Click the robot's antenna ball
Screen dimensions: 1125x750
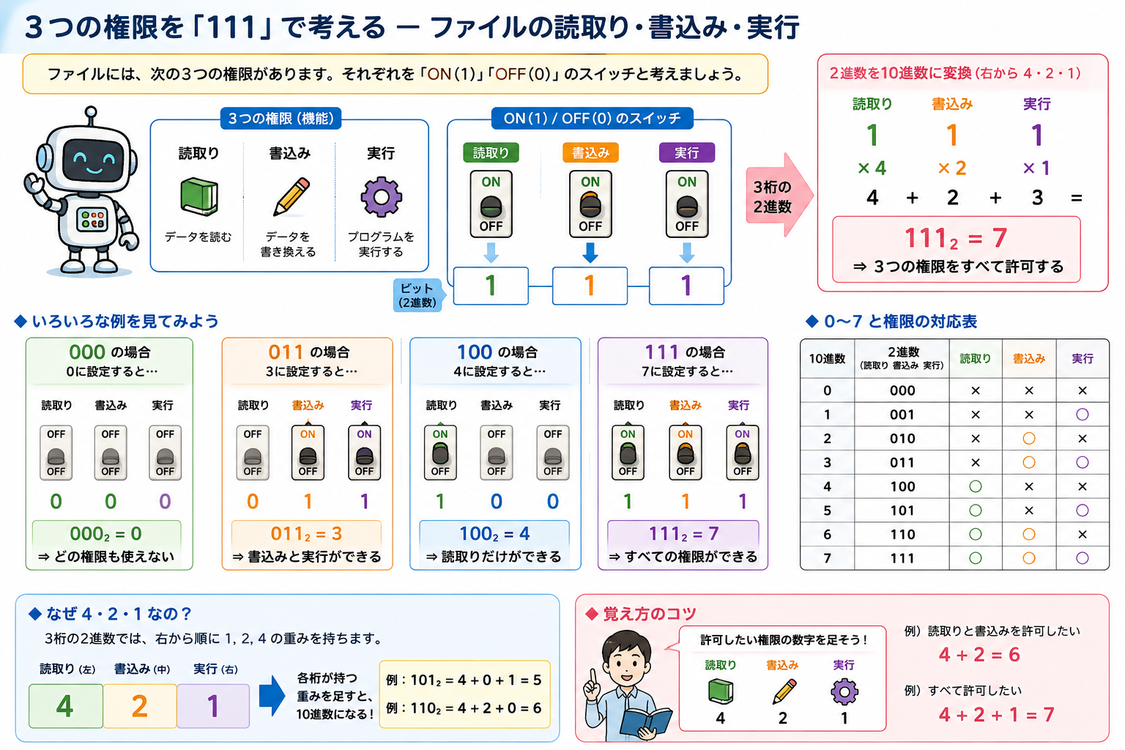tap(91, 111)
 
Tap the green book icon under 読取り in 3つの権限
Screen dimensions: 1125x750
tap(199, 196)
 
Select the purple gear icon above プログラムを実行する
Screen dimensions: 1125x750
tap(381, 197)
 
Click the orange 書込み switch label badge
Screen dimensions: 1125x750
tap(590, 153)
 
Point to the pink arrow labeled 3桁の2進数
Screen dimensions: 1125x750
tap(779, 196)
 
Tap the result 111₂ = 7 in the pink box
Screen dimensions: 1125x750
tap(955, 238)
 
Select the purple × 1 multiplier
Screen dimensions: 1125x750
tap(1036, 168)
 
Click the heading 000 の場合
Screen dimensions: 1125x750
tap(109, 352)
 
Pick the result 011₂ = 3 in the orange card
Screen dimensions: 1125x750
tap(306, 533)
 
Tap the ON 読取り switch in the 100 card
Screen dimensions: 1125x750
tap(440, 453)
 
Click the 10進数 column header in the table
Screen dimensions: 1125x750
tap(827, 359)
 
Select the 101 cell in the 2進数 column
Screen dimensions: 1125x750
tap(902, 510)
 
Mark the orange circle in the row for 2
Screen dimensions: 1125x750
tap(1028, 439)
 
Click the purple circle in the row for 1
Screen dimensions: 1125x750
tap(1082, 415)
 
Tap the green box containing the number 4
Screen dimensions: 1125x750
tap(66, 706)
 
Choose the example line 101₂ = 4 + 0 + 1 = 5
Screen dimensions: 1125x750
tap(463, 680)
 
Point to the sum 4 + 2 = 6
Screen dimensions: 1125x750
tap(979, 655)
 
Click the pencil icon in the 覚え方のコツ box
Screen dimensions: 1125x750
tap(784, 691)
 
